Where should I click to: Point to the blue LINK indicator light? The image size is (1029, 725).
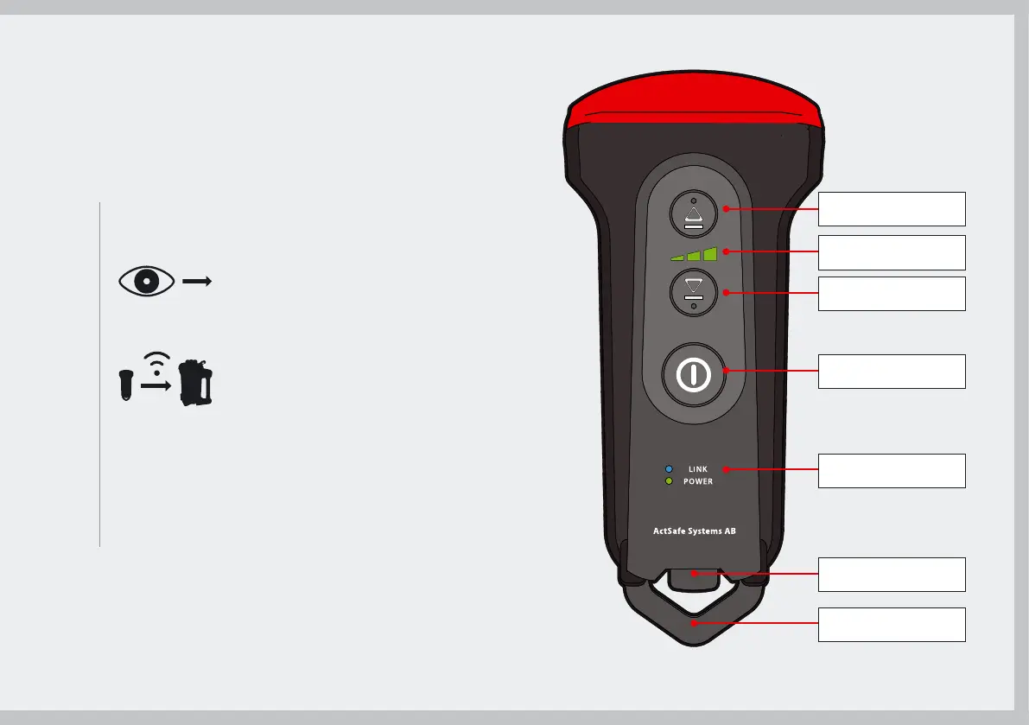(x=669, y=469)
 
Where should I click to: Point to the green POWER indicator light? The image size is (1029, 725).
(x=669, y=481)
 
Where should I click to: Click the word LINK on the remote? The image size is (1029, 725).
(x=698, y=469)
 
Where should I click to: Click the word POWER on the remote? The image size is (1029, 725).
(x=698, y=481)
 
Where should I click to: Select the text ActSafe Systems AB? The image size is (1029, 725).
(x=694, y=531)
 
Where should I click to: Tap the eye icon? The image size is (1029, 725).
(x=147, y=282)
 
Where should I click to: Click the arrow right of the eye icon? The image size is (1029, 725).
(x=198, y=282)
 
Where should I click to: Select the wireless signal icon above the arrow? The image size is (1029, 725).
(x=156, y=363)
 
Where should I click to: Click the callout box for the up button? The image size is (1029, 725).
(x=892, y=209)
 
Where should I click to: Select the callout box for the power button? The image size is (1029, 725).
(x=892, y=371)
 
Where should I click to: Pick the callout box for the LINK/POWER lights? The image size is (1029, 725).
(x=892, y=470)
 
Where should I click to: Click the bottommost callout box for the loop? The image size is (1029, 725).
(x=892, y=624)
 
